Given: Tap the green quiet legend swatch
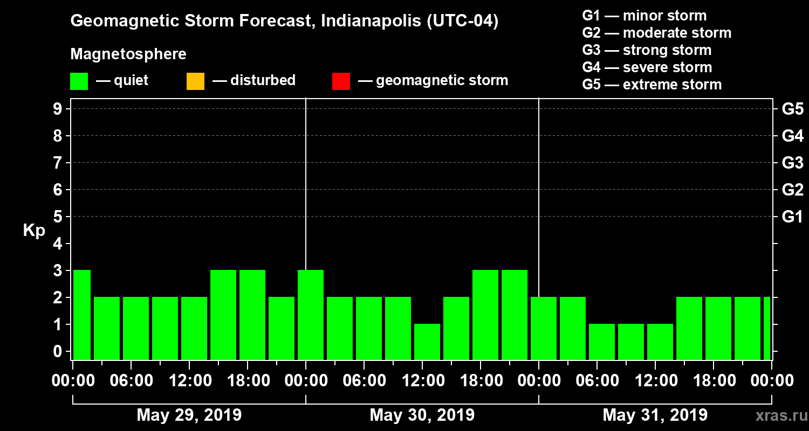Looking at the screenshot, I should (x=79, y=81).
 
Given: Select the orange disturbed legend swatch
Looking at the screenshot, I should (x=195, y=81).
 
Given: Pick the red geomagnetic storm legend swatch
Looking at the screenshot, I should (x=341, y=81).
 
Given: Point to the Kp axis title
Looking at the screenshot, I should (x=34, y=230).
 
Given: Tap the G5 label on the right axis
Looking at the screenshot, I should (x=792, y=109).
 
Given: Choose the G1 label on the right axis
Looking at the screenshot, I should (x=792, y=217).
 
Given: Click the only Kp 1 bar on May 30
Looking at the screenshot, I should (x=427, y=342).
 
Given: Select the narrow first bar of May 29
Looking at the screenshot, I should (x=82, y=315).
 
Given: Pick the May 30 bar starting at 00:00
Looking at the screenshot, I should (x=311, y=315).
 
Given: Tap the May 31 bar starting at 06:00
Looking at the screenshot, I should (x=602, y=342).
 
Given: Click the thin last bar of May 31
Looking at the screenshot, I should (x=767, y=328).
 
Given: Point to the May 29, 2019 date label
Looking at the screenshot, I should (x=189, y=415).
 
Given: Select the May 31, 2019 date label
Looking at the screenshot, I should (x=655, y=415).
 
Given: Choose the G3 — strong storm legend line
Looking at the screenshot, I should (x=647, y=50).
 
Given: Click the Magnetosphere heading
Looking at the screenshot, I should (x=128, y=54).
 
